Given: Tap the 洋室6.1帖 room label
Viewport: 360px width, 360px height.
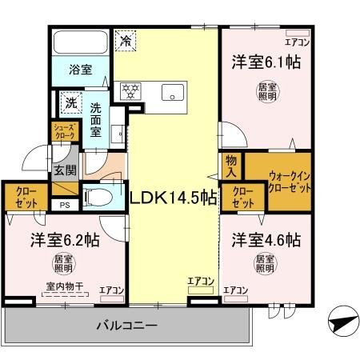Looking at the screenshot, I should point(266,62).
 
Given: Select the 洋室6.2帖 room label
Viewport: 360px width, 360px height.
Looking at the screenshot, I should point(66,240).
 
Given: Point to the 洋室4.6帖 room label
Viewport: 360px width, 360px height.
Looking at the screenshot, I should point(266,240).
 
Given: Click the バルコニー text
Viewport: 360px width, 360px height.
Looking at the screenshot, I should point(126,326).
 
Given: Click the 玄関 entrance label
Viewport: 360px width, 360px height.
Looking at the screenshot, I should point(64,170).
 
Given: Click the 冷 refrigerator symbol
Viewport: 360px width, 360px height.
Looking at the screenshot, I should point(126,38).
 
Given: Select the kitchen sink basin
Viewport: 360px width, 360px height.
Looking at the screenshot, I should point(172,93).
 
